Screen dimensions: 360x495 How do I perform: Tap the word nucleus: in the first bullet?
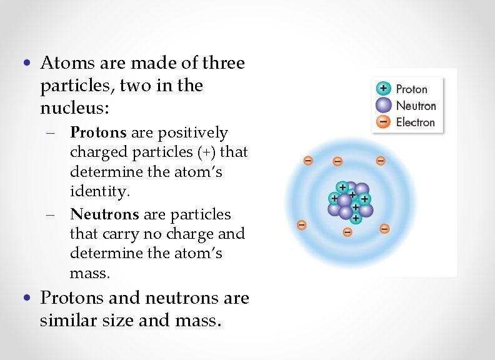(x=74, y=107)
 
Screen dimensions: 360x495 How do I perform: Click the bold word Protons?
(x=98, y=132)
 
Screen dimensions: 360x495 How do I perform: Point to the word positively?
(x=194, y=132)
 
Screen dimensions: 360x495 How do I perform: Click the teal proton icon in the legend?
(x=383, y=89)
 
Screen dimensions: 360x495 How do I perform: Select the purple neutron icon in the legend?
(x=383, y=105)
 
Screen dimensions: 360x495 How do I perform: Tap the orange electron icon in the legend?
(x=383, y=122)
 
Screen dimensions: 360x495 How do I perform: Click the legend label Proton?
(x=412, y=89)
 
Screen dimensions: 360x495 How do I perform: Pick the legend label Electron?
(x=415, y=122)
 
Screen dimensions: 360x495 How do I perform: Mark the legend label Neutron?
(x=416, y=106)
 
